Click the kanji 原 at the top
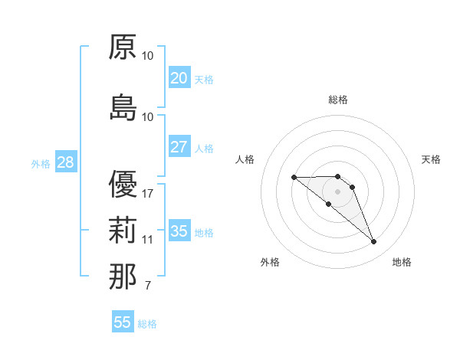click(123, 47)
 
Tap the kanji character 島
click(123, 108)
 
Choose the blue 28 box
click(65, 162)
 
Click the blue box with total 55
click(123, 322)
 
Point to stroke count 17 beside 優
click(148, 193)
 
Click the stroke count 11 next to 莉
click(148, 240)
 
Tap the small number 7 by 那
click(147, 286)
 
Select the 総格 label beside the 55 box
click(147, 324)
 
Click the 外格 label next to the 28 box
click(41, 164)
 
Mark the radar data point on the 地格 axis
click(374, 242)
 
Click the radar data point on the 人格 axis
click(294, 178)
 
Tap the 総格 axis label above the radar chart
click(338, 100)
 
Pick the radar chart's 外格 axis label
click(270, 263)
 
